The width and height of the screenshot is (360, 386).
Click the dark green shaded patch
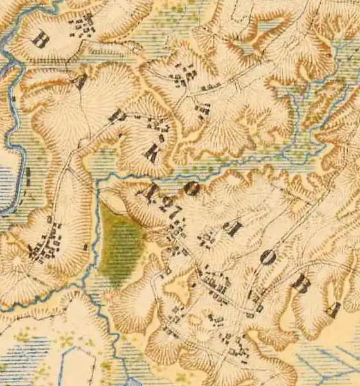pos(122,248)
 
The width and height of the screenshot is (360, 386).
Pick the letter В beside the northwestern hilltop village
pos(40,40)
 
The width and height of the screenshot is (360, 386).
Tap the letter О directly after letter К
pos(191,188)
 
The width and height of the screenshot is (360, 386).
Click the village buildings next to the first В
pos(82,26)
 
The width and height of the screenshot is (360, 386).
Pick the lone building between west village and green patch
pos(85,246)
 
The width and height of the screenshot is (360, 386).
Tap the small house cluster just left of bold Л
pos(207,240)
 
